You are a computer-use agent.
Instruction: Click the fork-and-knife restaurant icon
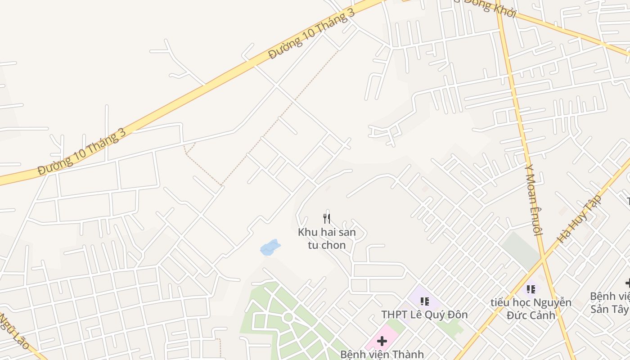pyautogui.click(x=327, y=219)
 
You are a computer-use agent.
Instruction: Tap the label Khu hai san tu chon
pyautogui.click(x=327, y=238)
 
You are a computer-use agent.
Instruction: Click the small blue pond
pyautogui.click(x=270, y=247)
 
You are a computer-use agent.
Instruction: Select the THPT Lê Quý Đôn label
pyautogui.click(x=424, y=315)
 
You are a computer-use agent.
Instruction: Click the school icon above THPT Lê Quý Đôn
pyautogui.click(x=424, y=301)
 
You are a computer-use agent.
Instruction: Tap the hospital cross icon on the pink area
pyautogui.click(x=382, y=341)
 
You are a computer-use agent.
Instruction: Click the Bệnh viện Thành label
pyautogui.click(x=382, y=354)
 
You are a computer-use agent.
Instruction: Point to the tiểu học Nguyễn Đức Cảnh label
pyautogui.click(x=531, y=309)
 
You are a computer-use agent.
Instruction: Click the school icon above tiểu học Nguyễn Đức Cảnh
pyautogui.click(x=531, y=289)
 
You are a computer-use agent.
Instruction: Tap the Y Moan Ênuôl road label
pyautogui.click(x=531, y=198)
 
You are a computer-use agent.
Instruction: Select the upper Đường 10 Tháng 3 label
pyautogui.click(x=311, y=34)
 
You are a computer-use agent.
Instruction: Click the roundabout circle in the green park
pyautogui.click(x=288, y=318)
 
